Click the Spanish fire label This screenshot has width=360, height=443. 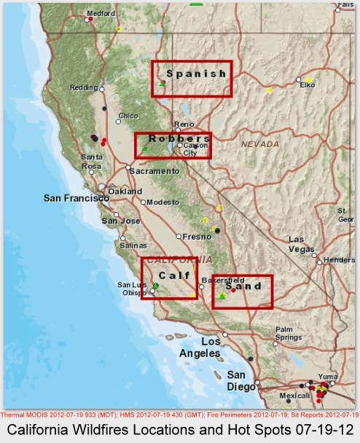click(196, 74)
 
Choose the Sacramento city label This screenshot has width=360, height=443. click(154, 170)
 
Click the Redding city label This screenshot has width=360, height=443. click(83, 87)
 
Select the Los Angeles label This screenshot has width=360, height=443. click(200, 347)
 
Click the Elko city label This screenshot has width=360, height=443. click(307, 85)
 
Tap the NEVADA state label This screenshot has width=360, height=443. click(260, 144)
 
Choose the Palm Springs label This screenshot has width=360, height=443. click(288, 333)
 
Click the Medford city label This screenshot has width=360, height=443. click(101, 13)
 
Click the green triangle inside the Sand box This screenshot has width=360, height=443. click(222, 296)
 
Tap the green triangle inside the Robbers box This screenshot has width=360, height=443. click(145, 149)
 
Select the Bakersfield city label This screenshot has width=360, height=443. click(223, 280)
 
